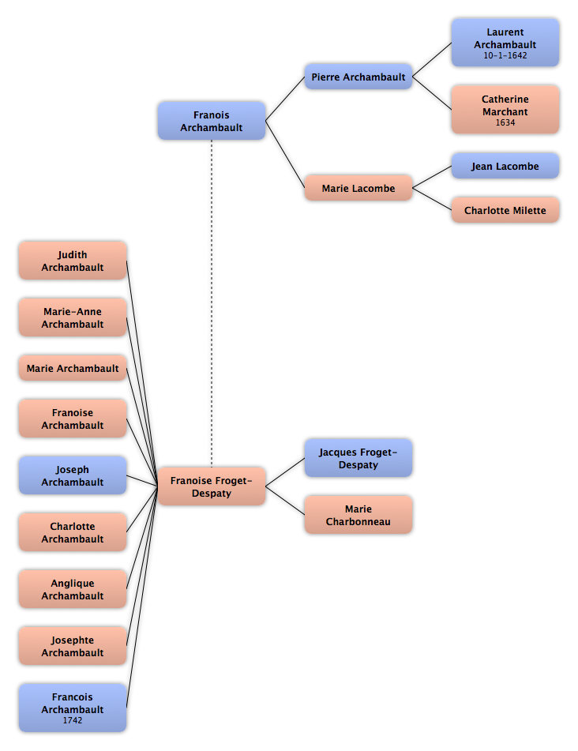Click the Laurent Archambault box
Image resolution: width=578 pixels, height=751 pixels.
click(505, 43)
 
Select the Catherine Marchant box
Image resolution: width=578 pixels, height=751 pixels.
click(505, 110)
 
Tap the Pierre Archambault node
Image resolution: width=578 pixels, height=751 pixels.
click(358, 77)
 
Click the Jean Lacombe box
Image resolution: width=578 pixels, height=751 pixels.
click(505, 166)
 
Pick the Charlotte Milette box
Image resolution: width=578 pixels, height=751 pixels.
click(505, 210)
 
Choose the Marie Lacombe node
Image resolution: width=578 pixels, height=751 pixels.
click(358, 188)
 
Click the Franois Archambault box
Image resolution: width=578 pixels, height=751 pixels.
click(211, 121)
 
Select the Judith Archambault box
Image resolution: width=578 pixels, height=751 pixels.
click(73, 261)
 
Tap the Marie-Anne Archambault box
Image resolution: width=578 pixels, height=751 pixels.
click(73, 317)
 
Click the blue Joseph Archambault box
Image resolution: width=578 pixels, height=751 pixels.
click(73, 475)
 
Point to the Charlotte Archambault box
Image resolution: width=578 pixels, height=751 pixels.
click(73, 532)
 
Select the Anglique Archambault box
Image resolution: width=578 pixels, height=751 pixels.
click(73, 589)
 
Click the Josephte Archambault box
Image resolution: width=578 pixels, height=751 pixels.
click(73, 646)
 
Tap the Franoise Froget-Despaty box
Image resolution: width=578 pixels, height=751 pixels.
click(211, 486)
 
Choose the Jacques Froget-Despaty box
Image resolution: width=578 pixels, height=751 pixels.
click(358, 458)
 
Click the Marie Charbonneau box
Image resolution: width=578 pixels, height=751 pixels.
click(358, 515)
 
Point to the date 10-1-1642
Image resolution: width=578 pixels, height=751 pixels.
click(505, 55)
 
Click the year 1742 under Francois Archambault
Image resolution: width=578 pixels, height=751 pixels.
click(73, 720)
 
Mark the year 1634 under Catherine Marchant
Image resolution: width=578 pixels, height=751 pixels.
click(505, 122)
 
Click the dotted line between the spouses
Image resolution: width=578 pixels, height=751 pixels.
click(211, 304)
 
